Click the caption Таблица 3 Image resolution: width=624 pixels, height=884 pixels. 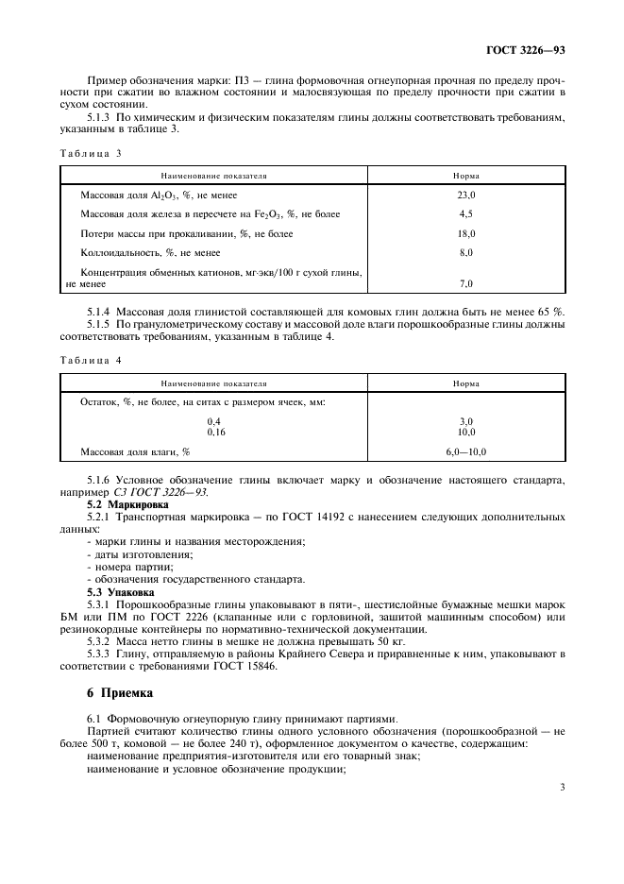[x=91, y=153]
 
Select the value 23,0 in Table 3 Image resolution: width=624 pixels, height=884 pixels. [x=465, y=194]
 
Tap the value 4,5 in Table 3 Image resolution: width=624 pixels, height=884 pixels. [x=465, y=213]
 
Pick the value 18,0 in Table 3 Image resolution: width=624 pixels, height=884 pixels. [x=465, y=233]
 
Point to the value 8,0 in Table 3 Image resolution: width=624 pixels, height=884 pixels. [x=465, y=253]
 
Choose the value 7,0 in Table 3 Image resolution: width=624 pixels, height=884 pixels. [x=465, y=283]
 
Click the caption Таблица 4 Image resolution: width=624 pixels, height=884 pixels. [x=91, y=360]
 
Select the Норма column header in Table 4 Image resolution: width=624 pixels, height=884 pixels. [x=465, y=383]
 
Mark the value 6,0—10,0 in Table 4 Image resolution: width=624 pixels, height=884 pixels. [x=465, y=451]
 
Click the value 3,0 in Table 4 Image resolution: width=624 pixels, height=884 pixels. [x=465, y=421]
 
